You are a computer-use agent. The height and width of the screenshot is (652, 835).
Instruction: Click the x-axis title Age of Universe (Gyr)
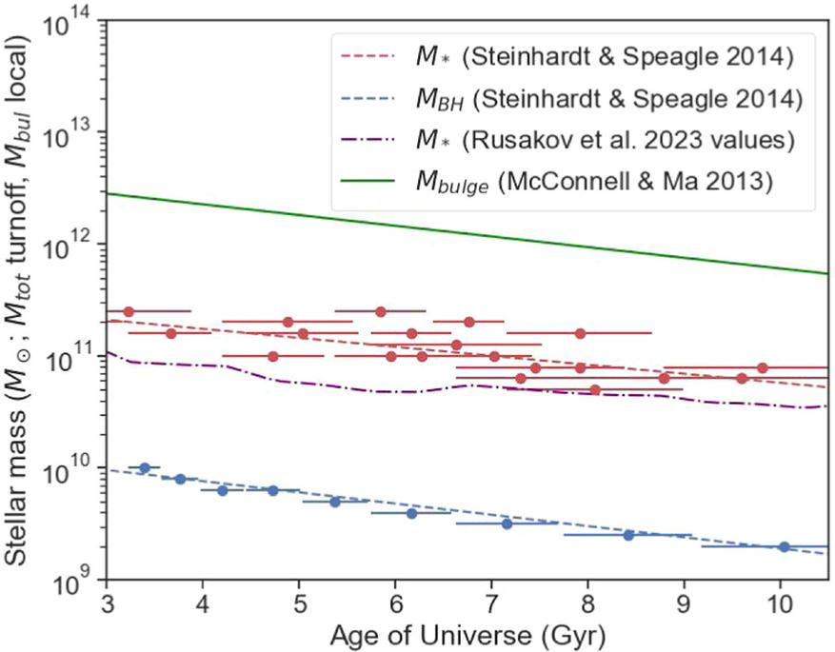[467, 633]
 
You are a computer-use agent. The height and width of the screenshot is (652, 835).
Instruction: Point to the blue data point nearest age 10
[784, 546]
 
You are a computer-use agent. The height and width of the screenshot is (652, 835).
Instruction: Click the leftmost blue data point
[145, 467]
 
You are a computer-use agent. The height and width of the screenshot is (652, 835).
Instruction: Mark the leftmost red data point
[129, 311]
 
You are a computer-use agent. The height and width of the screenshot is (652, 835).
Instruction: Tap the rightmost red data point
[763, 367]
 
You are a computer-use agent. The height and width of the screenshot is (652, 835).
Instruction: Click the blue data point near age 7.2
[507, 524]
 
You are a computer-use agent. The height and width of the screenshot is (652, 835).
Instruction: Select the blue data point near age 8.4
[628, 535]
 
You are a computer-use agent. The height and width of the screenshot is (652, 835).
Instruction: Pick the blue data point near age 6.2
[411, 513]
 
